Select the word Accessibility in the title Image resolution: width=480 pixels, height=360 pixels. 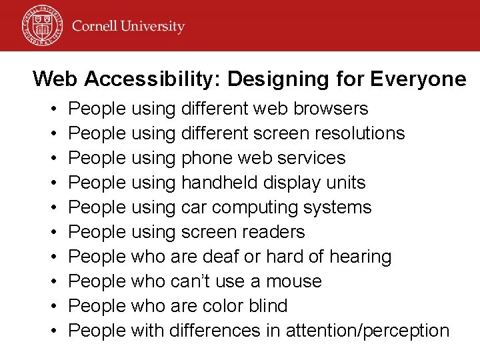153,79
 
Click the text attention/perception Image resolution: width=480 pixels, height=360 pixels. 367,331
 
